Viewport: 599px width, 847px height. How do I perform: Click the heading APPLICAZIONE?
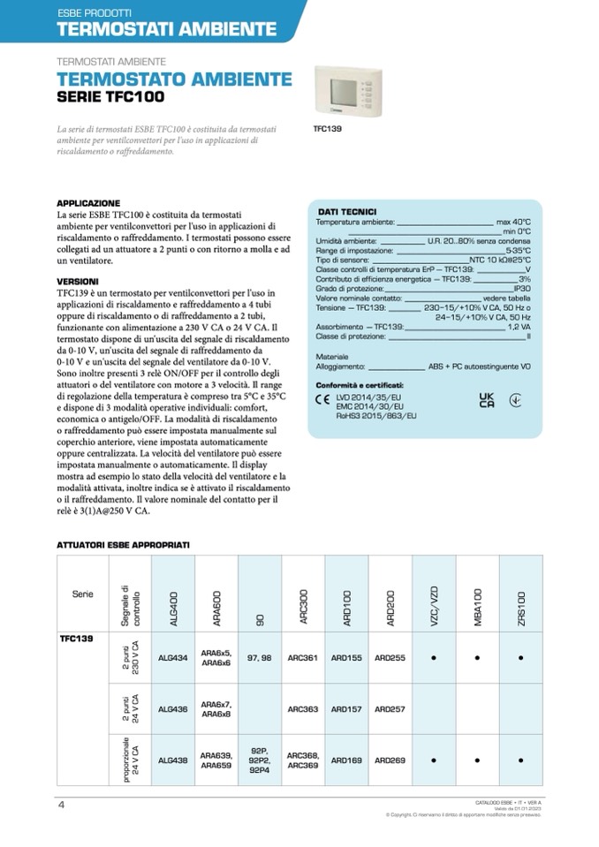[x=88, y=202]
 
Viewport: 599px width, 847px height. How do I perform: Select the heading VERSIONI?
[x=78, y=281]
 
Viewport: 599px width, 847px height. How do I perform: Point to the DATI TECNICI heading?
[x=346, y=212]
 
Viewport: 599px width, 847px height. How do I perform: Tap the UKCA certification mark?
[x=486, y=400]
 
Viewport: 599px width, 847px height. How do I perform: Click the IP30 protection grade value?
[x=521, y=289]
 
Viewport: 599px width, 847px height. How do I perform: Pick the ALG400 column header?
[x=173, y=594]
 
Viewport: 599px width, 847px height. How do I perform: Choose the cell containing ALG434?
[x=173, y=658]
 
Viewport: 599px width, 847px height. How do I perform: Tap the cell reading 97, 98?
[x=260, y=658]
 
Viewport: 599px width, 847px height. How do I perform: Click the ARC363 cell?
[x=303, y=708]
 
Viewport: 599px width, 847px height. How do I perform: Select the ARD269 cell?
[x=390, y=759]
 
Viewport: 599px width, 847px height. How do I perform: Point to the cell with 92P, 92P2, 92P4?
[x=260, y=759]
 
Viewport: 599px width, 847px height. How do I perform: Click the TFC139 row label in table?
[x=77, y=637]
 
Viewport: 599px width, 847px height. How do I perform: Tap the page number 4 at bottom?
[x=61, y=804]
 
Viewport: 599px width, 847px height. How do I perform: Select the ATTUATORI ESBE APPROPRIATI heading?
[x=123, y=545]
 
